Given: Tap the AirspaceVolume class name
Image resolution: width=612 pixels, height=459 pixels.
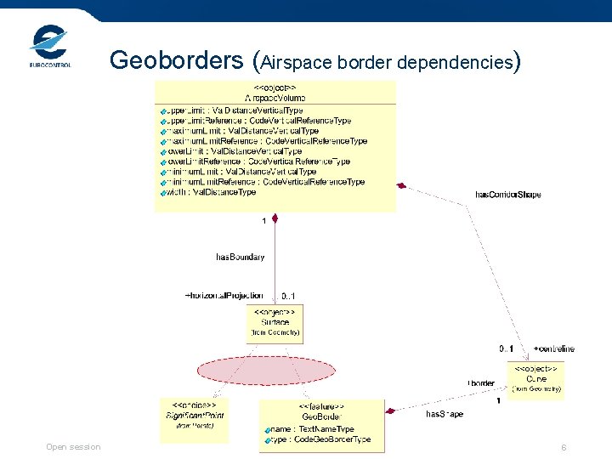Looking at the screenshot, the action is point(275,99).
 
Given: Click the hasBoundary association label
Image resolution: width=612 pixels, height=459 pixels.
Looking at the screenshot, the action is point(240,256).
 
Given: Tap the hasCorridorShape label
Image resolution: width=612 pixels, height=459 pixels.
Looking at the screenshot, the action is point(507,195).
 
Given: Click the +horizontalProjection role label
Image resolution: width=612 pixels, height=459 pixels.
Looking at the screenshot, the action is point(224,295).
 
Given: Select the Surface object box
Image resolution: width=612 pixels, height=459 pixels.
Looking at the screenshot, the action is point(274,323).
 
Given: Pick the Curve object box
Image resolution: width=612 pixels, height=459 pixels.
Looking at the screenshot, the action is point(535,379).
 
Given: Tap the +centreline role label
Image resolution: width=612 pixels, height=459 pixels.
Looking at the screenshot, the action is point(553,349).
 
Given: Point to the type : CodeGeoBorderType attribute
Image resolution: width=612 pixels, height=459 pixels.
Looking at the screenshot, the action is point(320,439).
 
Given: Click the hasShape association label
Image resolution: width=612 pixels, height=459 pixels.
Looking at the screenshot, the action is point(444,414).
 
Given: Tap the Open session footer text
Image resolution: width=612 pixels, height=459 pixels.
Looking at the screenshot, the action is point(73,447).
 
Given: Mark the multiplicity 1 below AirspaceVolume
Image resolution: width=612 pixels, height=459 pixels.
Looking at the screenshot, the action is point(264,222).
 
